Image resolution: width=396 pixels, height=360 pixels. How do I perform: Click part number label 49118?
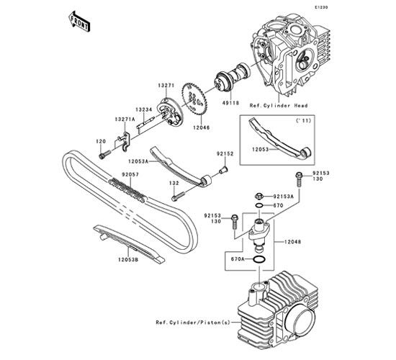coord(230,103)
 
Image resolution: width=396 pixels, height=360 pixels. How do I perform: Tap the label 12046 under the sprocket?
coord(202,128)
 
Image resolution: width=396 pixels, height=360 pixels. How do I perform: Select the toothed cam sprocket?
coord(194,100)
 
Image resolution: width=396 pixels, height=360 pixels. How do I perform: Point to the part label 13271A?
coord(125,120)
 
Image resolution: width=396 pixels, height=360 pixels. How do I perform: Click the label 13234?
coord(144,109)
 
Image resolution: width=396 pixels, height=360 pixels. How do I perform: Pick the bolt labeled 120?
coord(105,154)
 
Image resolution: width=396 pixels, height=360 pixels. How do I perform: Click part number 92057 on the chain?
coord(130,174)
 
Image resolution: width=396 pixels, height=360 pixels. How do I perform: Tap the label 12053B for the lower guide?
coord(128,259)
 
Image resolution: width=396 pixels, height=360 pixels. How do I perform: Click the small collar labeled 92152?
coord(222,170)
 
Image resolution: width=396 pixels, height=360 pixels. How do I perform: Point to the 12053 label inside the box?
coord(260,150)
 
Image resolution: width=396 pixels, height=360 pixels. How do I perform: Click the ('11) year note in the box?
coord(303,121)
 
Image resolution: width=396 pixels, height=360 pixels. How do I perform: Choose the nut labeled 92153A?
coord(259,196)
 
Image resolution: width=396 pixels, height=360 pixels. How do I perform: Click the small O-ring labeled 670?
coord(259,205)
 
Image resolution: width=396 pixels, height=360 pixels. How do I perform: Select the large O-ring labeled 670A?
coord(259,259)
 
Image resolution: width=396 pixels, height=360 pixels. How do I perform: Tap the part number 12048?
coord(293,242)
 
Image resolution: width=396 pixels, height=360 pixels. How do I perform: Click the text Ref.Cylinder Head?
coord(279,106)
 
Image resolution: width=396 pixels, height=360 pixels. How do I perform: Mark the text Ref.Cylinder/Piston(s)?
coord(193,323)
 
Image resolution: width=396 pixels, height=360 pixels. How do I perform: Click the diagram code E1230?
coord(321,7)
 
